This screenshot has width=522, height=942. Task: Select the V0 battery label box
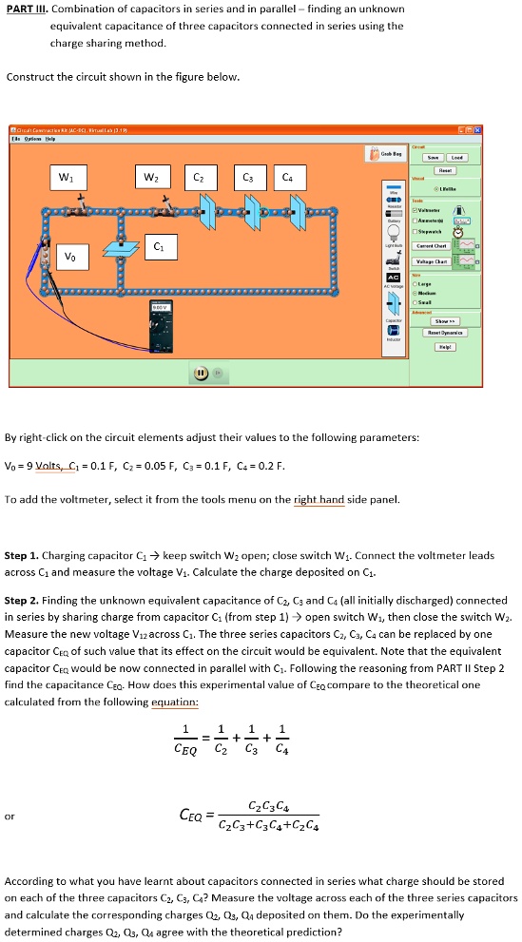(x=69, y=255)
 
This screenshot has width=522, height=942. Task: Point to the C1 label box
(x=159, y=247)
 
